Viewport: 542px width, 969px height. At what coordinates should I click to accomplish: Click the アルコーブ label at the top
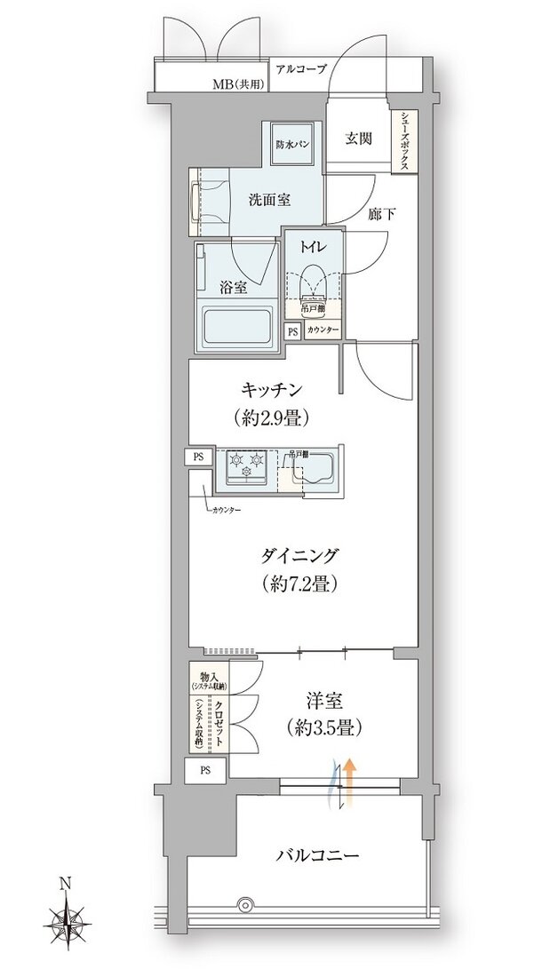(x=301, y=68)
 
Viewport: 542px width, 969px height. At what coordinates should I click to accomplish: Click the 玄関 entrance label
(x=358, y=139)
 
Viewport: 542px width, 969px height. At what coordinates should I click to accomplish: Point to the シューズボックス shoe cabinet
(x=405, y=141)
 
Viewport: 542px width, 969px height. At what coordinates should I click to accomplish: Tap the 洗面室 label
(x=268, y=199)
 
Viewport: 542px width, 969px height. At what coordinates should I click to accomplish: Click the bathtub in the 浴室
(x=237, y=330)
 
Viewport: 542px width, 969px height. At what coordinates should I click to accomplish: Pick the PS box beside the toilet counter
(x=292, y=330)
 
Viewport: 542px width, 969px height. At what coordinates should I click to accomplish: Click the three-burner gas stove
(x=245, y=466)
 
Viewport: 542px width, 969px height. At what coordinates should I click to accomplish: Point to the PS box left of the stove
(x=198, y=457)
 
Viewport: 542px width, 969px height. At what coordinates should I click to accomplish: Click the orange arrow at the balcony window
(x=351, y=776)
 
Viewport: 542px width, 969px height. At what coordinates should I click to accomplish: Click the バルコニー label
(x=317, y=856)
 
